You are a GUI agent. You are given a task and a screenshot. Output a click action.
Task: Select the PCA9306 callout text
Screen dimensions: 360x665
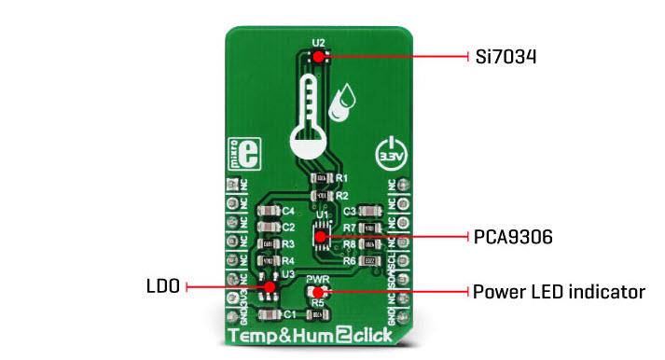coord(513,237)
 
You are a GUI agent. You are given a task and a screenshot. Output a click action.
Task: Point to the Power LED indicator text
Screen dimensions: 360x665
coord(559,292)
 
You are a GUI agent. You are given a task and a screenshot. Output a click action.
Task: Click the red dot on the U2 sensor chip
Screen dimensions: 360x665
coord(319,56)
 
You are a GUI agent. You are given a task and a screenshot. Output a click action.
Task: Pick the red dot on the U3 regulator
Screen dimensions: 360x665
coord(269,287)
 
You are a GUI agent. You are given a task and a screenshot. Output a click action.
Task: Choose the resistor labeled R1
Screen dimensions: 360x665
coord(321,177)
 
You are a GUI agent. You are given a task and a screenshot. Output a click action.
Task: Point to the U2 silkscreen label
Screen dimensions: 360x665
coord(319,42)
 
